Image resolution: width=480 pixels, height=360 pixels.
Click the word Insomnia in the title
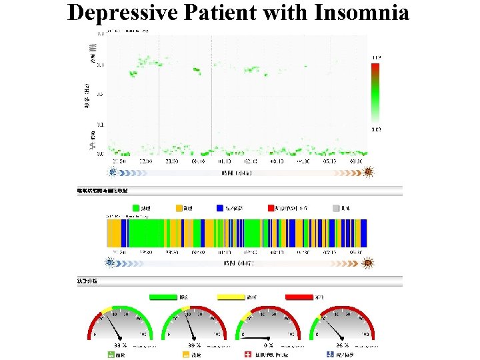[361, 12]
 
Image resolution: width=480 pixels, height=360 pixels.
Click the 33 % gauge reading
[120, 345]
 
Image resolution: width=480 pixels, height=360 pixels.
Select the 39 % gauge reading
[194, 345]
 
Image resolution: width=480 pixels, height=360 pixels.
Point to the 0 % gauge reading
[269, 345]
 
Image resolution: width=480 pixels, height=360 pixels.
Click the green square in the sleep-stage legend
[136, 209]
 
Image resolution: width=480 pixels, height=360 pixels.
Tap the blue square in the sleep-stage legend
[221, 209]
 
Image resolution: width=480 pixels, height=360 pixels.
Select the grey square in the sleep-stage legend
[336, 209]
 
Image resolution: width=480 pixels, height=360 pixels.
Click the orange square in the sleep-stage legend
[179, 209]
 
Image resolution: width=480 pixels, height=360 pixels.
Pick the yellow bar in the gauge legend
[229, 297]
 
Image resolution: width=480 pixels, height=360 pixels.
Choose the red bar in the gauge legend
[299, 297]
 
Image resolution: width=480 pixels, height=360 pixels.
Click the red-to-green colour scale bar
[375, 93]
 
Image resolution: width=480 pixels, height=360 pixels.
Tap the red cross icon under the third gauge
[247, 355]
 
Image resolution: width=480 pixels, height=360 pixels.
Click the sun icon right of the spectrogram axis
[367, 173]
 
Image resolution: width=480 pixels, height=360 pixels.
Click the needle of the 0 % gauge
[257, 337]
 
